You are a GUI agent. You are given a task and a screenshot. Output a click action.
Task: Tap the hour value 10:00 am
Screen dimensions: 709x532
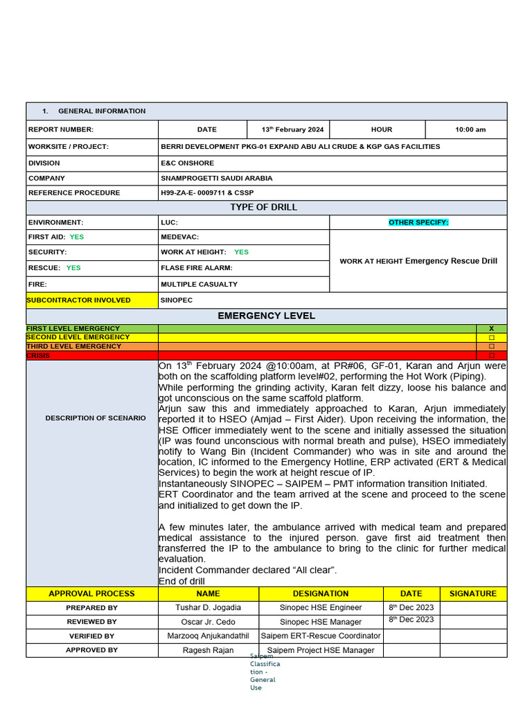coord(470,129)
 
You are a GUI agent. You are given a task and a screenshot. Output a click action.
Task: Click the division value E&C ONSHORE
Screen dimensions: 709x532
coord(188,163)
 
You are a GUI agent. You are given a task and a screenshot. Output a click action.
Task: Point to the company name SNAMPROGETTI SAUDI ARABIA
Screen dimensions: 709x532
coord(217,178)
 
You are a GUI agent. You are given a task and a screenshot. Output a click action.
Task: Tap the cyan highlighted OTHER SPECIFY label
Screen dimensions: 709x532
coord(418,222)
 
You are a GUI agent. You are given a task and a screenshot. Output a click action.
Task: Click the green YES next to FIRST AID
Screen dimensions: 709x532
coord(76,237)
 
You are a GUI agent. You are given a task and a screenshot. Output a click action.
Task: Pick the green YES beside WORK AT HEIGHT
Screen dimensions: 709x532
coord(242,252)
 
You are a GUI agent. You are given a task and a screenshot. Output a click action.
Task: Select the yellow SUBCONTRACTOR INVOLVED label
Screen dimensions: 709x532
coord(78,300)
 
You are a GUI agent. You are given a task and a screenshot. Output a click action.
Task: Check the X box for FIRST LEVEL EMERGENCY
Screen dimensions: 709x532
coord(491,328)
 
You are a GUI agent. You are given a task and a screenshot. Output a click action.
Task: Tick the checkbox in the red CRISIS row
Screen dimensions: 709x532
coord(491,355)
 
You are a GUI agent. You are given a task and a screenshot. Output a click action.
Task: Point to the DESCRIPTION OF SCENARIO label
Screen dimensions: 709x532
coord(96,418)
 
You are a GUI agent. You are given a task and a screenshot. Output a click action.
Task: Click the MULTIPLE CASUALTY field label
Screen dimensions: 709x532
coord(199,284)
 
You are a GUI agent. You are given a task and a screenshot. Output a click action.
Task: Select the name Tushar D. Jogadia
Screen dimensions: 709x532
coord(209,607)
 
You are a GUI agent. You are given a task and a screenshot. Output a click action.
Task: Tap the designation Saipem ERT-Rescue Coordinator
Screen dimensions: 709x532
coord(321,636)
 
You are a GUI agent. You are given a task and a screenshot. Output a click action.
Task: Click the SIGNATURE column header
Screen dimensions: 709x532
coord(472,593)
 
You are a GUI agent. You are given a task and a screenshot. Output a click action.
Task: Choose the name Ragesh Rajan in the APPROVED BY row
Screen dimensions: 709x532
coord(209,650)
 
